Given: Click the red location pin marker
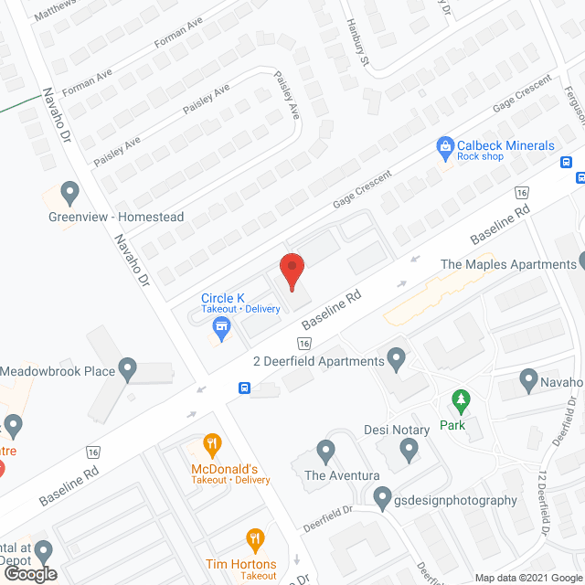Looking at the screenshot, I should (291, 270).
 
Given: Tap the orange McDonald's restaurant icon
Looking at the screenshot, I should (212, 446).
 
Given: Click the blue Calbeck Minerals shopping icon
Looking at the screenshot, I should (445, 145).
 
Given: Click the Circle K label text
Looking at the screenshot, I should (222, 297).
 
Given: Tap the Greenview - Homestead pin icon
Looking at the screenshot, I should (69, 193).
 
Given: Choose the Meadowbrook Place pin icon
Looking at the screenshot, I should (127, 371).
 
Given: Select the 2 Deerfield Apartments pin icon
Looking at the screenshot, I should (396, 360).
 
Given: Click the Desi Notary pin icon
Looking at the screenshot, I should (409, 450).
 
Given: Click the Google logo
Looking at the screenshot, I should (29, 573).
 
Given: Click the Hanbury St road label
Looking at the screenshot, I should (356, 44).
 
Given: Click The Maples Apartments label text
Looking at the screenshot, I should (508, 264).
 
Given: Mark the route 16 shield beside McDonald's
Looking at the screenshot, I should (92, 452).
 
